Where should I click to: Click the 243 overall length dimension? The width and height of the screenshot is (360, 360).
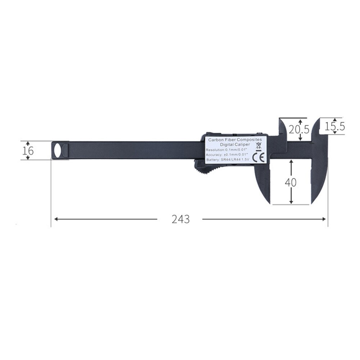click(x=180, y=219)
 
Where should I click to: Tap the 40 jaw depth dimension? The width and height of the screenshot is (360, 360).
click(x=291, y=182)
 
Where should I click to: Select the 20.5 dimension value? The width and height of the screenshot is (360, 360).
click(x=299, y=129)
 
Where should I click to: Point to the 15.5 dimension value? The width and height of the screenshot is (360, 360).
click(x=335, y=126)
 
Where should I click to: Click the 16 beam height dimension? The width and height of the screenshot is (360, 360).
click(x=28, y=150)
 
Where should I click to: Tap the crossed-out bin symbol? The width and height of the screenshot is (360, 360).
click(x=258, y=146)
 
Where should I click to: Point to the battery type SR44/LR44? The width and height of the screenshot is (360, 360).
click(x=231, y=160)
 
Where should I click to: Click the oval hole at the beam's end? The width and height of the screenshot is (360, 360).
click(x=57, y=150)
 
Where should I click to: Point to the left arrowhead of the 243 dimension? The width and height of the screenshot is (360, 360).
click(x=55, y=219)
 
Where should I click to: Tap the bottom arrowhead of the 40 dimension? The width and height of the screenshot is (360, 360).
click(x=291, y=202)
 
